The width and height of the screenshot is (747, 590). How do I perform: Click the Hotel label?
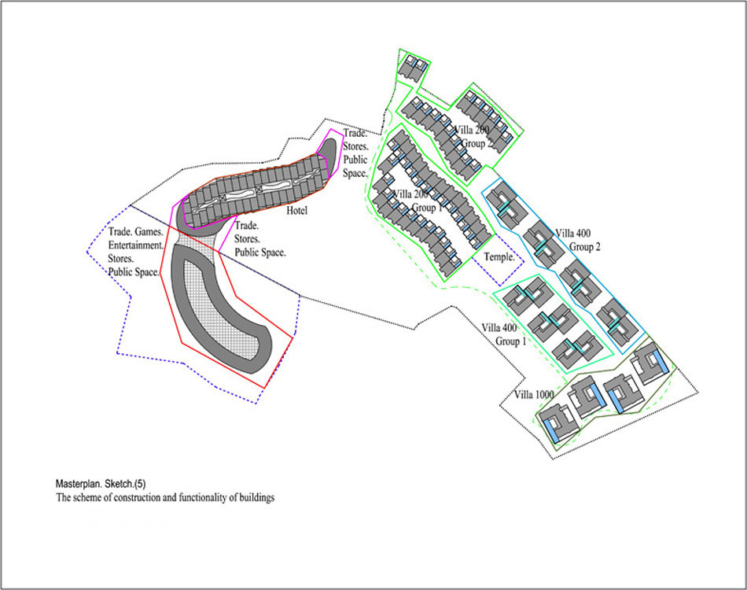tap(296, 211)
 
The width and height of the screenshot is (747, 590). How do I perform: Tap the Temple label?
tap(499, 257)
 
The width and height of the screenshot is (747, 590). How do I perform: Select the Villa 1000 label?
tap(534, 395)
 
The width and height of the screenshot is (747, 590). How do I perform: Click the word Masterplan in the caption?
tap(78, 484)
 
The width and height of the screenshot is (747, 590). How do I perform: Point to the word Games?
tap(149, 232)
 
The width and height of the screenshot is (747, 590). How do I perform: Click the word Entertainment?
tap(136, 245)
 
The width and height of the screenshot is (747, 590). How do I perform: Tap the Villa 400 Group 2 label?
tap(578, 240)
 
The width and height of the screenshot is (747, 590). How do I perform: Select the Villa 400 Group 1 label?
tap(504, 334)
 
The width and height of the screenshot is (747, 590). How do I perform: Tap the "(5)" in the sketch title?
tap(140, 484)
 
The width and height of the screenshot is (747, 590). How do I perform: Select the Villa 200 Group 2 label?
tap(473, 137)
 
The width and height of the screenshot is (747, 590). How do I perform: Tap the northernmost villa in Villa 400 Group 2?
tap(508, 205)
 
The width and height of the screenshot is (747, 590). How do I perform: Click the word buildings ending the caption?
tap(258, 497)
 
